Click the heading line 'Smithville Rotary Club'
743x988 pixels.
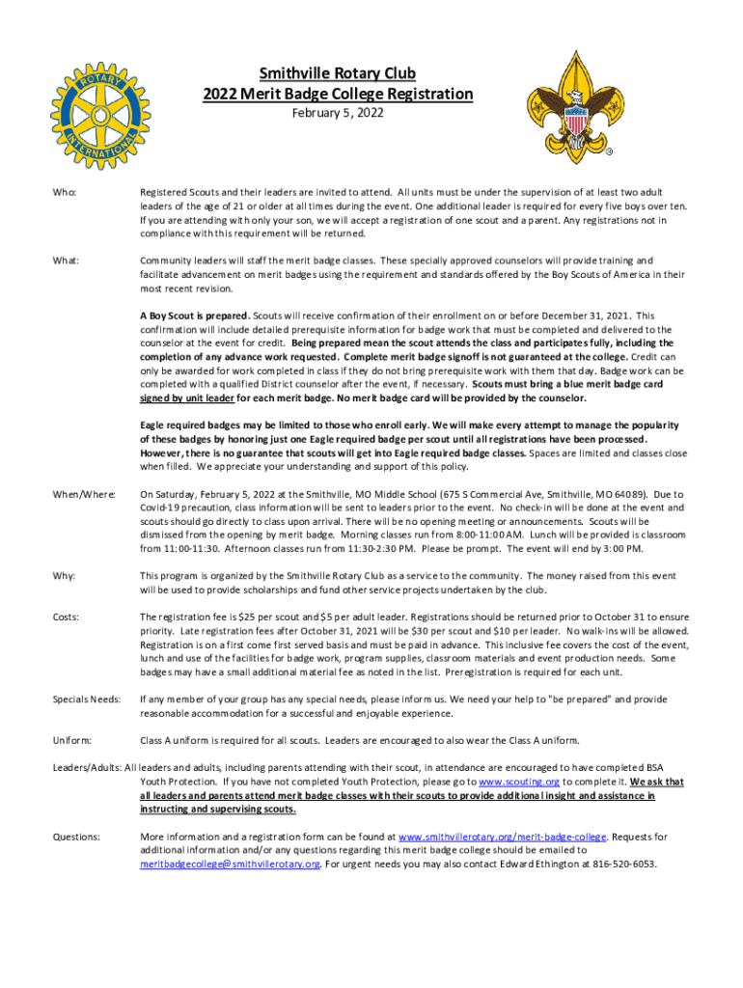tap(338, 73)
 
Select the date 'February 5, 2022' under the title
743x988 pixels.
tap(338, 114)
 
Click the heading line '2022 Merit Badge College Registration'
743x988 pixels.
tap(338, 94)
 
